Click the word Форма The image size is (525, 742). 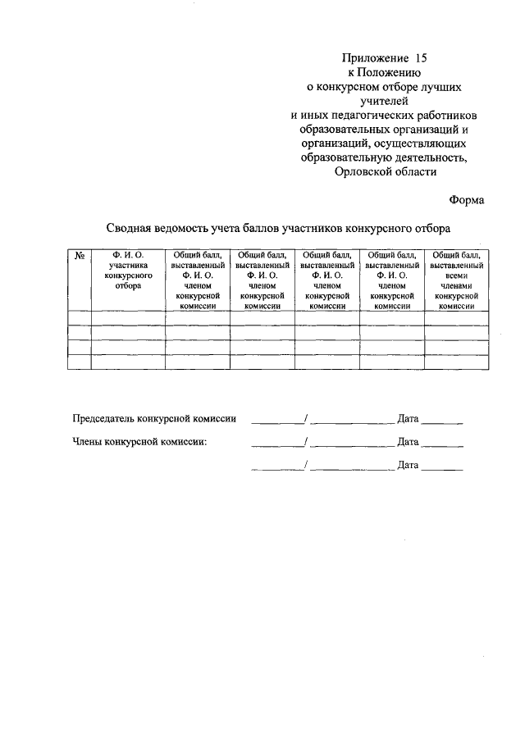[x=467, y=200]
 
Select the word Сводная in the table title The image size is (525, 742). [x=128, y=230]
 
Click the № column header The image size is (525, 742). [x=80, y=257]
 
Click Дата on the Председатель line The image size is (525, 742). [x=408, y=419]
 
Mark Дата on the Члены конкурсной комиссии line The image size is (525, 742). [x=408, y=442]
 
